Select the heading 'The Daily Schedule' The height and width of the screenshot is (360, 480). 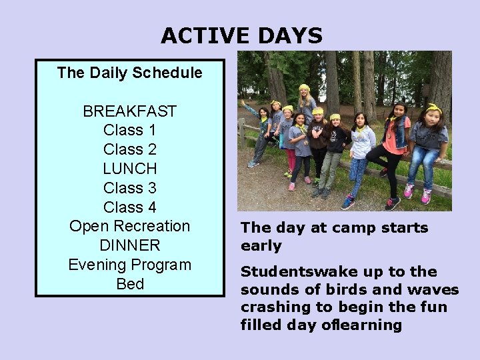click(x=129, y=73)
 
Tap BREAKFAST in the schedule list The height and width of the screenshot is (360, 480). click(x=129, y=111)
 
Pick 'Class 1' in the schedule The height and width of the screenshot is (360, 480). click(x=129, y=131)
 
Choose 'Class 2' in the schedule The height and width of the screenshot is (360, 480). click(x=129, y=149)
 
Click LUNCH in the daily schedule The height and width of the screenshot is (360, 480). click(x=129, y=169)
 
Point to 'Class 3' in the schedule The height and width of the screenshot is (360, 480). click(x=129, y=188)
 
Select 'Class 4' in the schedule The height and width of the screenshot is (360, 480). click(x=129, y=207)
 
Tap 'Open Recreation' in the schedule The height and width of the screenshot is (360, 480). click(x=129, y=227)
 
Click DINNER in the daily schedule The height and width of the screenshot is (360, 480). click(x=129, y=245)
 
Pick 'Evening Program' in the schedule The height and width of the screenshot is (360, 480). click(x=129, y=265)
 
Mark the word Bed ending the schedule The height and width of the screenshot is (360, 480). click(x=129, y=284)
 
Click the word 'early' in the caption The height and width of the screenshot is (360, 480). click(x=261, y=246)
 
